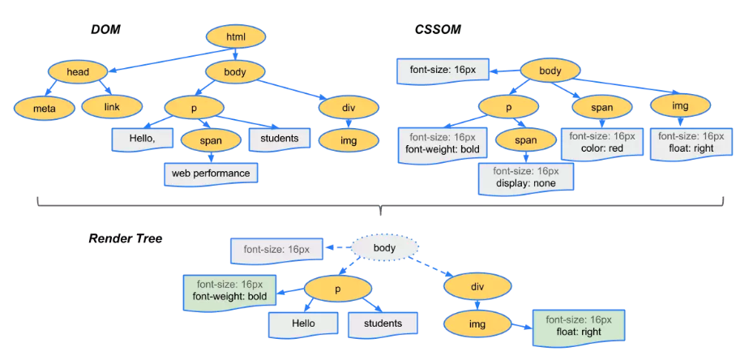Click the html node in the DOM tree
[x=236, y=37]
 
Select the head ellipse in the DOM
[x=79, y=72]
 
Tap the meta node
[x=45, y=108]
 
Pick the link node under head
[x=111, y=106]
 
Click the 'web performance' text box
[x=211, y=174]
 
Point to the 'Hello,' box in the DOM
[x=143, y=139]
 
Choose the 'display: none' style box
[x=526, y=178]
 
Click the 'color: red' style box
[x=602, y=143]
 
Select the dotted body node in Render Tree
[x=385, y=248]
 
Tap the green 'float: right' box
[x=579, y=327]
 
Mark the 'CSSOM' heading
[x=438, y=30]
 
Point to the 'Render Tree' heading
[x=126, y=238]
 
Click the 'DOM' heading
[x=105, y=30]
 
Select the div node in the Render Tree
[x=478, y=287]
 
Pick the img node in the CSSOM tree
[x=681, y=106]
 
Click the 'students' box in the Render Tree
[x=383, y=323]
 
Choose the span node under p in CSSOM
[x=526, y=140]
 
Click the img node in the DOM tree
[x=349, y=140]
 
